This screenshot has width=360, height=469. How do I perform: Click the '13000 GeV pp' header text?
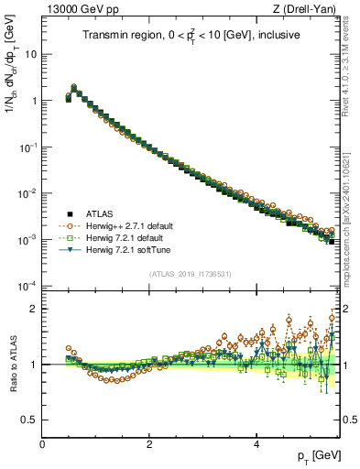[77, 9]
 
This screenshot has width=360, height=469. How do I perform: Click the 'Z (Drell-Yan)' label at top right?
[307, 9]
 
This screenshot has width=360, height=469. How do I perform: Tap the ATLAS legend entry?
[101, 213]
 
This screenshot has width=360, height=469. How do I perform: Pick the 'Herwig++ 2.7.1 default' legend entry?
[127, 224]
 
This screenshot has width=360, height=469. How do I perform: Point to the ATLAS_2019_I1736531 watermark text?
[191, 274]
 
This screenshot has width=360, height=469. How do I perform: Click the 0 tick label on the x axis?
[42, 444]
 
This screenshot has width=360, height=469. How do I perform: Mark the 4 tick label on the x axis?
[256, 444]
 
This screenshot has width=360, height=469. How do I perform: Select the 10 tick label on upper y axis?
[29, 53]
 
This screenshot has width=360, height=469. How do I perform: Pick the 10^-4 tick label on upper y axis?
[27, 286]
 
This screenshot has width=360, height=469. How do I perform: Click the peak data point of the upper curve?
[74, 87]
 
